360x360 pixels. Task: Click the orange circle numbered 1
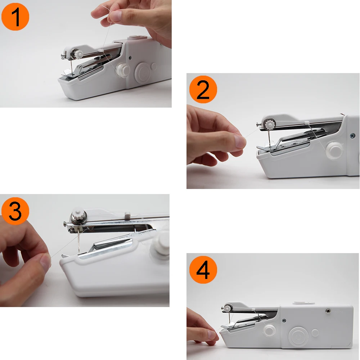point(15,17)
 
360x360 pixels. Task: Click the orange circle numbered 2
point(203,89)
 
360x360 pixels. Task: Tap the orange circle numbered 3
point(15,211)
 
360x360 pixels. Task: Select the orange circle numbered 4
point(203,270)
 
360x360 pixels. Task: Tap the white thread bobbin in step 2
point(334,150)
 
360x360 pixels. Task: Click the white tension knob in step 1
point(78,54)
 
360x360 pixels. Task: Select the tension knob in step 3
point(78,216)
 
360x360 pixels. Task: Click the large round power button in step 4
point(299,337)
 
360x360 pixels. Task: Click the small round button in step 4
point(315,333)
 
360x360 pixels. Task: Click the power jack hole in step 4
point(328,311)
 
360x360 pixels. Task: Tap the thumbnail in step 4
point(212,334)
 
